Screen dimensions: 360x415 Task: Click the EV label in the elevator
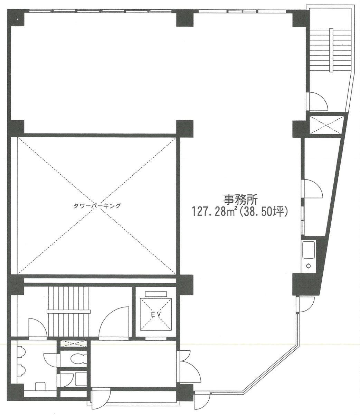coord(156,315)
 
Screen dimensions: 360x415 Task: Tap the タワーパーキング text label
coord(97,206)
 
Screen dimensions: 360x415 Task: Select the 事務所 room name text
coord(240,200)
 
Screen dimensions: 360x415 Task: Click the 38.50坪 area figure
coord(264,213)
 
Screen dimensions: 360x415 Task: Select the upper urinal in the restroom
coord(21,352)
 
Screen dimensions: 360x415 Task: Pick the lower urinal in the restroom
coord(21,371)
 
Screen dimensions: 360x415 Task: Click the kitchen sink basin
coord(309,250)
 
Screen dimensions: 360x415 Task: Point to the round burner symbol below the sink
coord(309,266)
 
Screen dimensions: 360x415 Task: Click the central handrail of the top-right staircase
coord(331,50)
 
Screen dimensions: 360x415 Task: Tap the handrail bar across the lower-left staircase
coord(69,312)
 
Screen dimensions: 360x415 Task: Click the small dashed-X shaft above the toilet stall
coord(74,343)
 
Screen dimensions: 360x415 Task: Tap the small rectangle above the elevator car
coord(156,294)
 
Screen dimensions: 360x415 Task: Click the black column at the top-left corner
coord(16,18)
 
